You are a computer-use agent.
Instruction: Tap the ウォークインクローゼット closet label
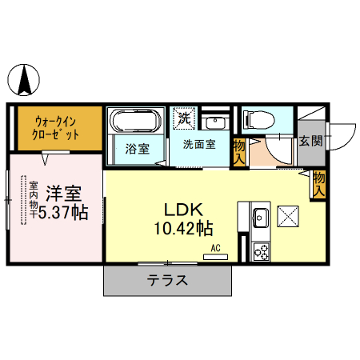pyautogui.click(x=56, y=128)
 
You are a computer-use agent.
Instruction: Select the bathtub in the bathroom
pyautogui.click(x=134, y=122)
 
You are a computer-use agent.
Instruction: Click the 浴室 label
pyautogui.click(x=137, y=149)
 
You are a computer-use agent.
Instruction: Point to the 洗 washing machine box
pyautogui.click(x=184, y=118)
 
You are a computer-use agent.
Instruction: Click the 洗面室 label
pyautogui.click(x=198, y=145)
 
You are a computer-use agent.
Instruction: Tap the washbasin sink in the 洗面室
pyautogui.click(x=214, y=122)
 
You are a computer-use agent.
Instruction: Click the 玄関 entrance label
pyautogui.click(x=310, y=142)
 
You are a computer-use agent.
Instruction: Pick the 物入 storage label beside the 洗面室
pyautogui.click(x=238, y=151)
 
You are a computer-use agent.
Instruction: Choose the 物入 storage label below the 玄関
pyautogui.click(x=318, y=184)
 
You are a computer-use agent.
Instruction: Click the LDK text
pyautogui.click(x=182, y=210)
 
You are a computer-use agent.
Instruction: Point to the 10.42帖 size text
pyautogui.click(x=184, y=229)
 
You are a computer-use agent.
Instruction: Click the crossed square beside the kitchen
pyautogui.click(x=287, y=216)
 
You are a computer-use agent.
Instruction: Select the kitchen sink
pyautogui.click(x=260, y=217)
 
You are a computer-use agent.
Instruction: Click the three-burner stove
pyautogui.click(x=261, y=251)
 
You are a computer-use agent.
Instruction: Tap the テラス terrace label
pyautogui.click(x=167, y=281)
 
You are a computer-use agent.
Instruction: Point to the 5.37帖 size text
pyautogui.click(x=62, y=213)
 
